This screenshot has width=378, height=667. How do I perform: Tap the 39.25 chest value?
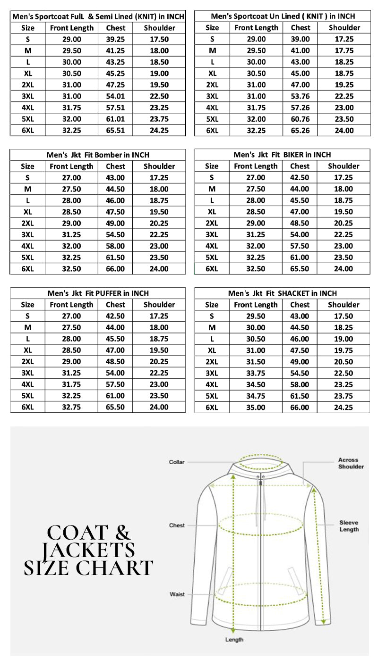click(x=115, y=39)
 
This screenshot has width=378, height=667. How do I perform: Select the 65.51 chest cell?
click(x=115, y=130)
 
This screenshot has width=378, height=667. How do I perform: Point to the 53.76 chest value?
click(x=300, y=96)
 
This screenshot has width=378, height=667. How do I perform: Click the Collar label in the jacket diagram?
click(x=177, y=462)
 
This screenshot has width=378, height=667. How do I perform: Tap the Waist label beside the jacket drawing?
click(x=177, y=594)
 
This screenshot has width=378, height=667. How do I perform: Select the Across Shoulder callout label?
click(x=351, y=463)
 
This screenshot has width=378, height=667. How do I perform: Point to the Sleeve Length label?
click(x=349, y=526)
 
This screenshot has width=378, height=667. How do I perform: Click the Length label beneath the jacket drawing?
click(x=234, y=640)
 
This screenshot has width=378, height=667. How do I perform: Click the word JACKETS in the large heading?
click(x=88, y=550)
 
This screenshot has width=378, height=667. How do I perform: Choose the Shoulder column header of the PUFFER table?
click(x=159, y=305)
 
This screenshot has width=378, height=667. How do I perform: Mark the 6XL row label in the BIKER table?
click(x=212, y=268)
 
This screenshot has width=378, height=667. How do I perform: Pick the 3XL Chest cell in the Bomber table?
click(x=115, y=234)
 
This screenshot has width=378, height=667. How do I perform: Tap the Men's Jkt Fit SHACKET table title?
click(x=282, y=293)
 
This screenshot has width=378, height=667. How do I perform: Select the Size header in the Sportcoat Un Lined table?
click(x=212, y=28)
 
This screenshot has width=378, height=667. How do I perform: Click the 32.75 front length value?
click(x=71, y=407)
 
